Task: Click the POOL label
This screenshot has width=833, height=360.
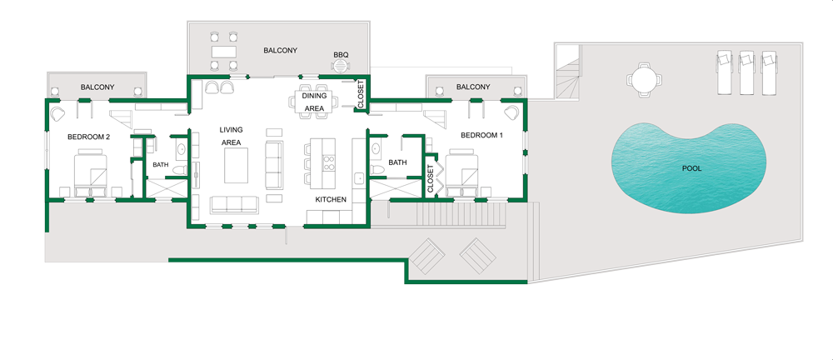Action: pyautogui.click(x=691, y=168)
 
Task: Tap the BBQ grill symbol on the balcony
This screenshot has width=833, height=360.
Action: pyautogui.click(x=340, y=70)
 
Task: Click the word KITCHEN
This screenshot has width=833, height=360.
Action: pyautogui.click(x=331, y=200)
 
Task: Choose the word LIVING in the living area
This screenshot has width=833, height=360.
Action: pyautogui.click(x=231, y=130)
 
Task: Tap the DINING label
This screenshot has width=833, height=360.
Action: pyautogui.click(x=314, y=96)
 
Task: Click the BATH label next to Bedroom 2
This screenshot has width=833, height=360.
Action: pyautogui.click(x=160, y=165)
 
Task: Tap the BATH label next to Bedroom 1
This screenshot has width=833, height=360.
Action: pyautogui.click(x=397, y=162)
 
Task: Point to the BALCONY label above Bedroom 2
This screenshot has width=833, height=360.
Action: pyautogui.click(x=97, y=87)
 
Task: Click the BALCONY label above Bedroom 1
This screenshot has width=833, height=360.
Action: pyautogui.click(x=473, y=87)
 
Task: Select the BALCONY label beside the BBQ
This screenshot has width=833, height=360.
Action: pyautogui.click(x=281, y=51)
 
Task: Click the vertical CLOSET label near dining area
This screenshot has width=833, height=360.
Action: pyautogui.click(x=361, y=93)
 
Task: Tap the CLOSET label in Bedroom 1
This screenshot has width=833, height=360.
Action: pyautogui.click(x=431, y=177)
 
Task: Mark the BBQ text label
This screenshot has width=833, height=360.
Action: pyautogui.click(x=340, y=55)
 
